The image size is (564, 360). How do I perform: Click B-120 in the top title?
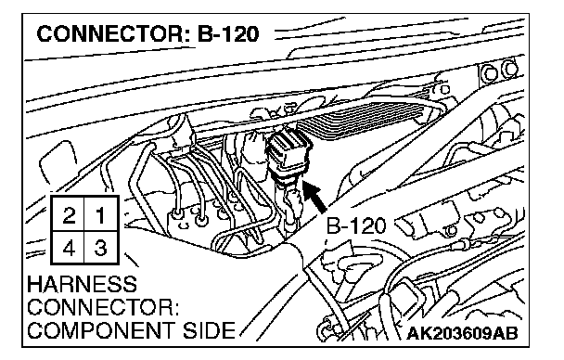click(228, 34)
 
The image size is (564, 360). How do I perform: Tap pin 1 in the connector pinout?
click(100, 215)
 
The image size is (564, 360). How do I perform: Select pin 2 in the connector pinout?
click(69, 215)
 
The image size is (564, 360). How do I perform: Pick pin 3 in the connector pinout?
click(100, 248)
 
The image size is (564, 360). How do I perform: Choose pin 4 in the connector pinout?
click(69, 248)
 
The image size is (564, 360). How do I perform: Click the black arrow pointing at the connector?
click(314, 197)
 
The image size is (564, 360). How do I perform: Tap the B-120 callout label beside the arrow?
click(355, 226)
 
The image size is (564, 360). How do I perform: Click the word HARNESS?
click(82, 284)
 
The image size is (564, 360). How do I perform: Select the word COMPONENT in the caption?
click(102, 330)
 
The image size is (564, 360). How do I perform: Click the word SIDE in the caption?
click(209, 330)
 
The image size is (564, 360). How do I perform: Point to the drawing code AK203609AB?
click(462, 334)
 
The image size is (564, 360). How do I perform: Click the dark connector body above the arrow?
click(288, 152)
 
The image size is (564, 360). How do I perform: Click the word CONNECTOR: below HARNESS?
click(103, 307)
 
